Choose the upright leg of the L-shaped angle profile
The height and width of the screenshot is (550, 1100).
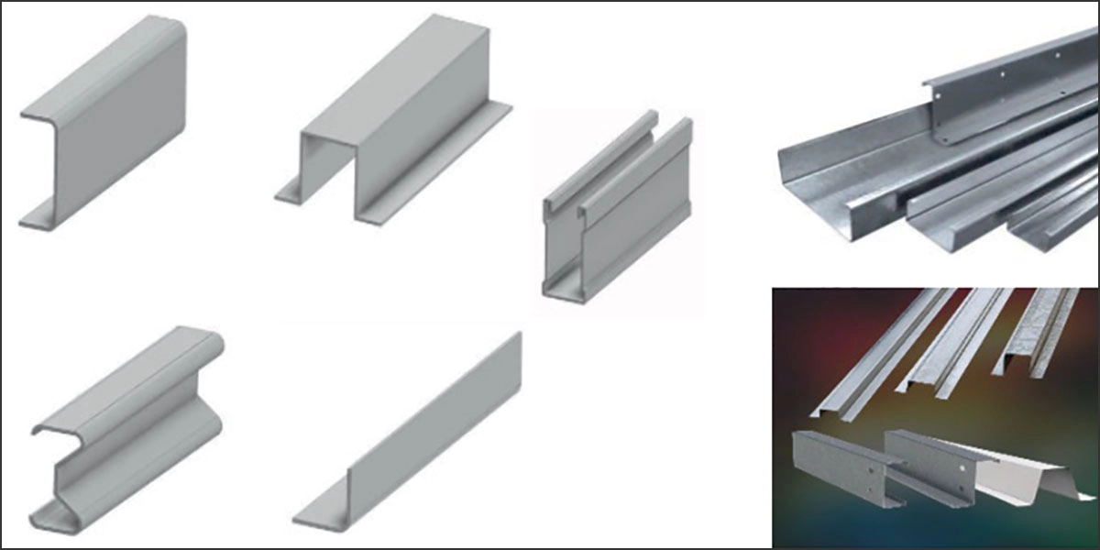click(x=440, y=422)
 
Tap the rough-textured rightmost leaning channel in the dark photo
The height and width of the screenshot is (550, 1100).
click(x=1045, y=330)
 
